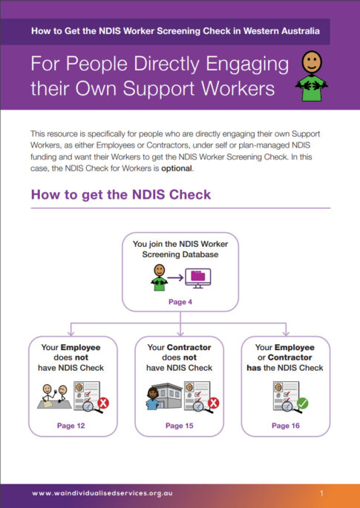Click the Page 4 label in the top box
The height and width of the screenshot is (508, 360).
pos(180,303)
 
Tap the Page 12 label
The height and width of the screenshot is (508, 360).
pos(71,426)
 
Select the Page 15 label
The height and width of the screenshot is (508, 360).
pos(180,426)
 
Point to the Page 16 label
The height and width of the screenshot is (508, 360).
pos(286,426)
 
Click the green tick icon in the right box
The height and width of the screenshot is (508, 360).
pos(302,403)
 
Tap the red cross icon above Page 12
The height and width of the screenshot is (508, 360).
pos(104,403)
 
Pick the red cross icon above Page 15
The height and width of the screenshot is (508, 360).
pos(214,403)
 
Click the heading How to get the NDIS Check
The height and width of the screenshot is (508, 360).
pos(120,194)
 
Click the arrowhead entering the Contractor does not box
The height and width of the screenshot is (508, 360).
pos(180,334)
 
